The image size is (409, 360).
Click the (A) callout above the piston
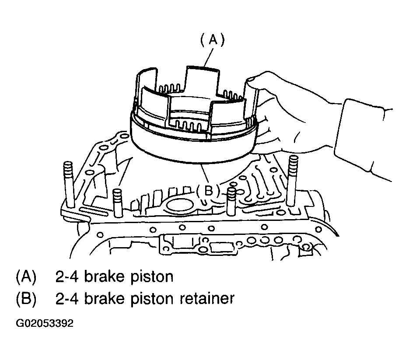(x=212, y=40)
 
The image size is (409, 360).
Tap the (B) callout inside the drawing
(x=209, y=191)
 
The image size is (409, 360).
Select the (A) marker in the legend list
(x=25, y=277)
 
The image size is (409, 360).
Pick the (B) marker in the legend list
(x=25, y=299)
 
